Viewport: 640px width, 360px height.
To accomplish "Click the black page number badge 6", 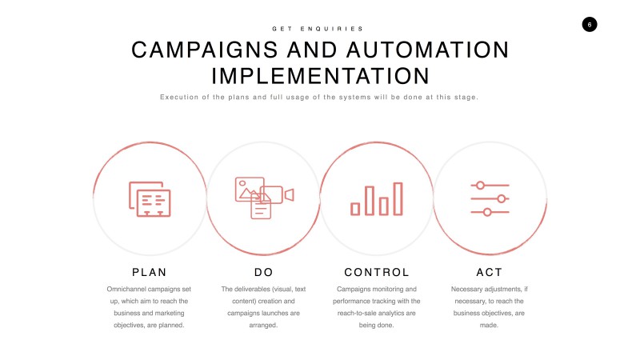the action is coord(590,25).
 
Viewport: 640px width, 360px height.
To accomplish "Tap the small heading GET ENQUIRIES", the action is coord(318,29).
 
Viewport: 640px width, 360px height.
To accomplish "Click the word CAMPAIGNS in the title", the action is coord(205,50).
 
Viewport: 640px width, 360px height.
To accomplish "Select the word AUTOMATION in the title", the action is coord(427,50).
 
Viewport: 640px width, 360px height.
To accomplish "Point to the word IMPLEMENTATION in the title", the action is coord(320,76).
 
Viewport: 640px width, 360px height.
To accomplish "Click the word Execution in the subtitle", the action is coord(178,97).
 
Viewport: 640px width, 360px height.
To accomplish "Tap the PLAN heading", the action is coord(150,272).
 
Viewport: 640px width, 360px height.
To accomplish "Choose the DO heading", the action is coord(263,272).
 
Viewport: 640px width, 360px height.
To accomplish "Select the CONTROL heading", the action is coord(376,272).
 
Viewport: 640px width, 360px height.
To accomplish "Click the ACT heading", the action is coord(489,272).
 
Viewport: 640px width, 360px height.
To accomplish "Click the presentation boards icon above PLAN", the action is coord(150,198).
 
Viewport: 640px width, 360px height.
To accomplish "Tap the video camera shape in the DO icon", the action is coord(277,194).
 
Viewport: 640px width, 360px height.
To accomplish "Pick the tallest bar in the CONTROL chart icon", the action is coord(398,198).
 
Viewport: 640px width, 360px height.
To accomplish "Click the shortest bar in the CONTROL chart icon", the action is coord(355,209).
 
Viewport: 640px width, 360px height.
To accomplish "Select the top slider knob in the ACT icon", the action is coord(481,186).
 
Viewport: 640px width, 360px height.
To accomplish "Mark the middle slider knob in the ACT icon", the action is coord(502,198).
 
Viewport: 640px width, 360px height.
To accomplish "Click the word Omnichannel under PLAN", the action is coord(127,289).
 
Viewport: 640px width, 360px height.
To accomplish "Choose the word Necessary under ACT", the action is coord(466,289).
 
